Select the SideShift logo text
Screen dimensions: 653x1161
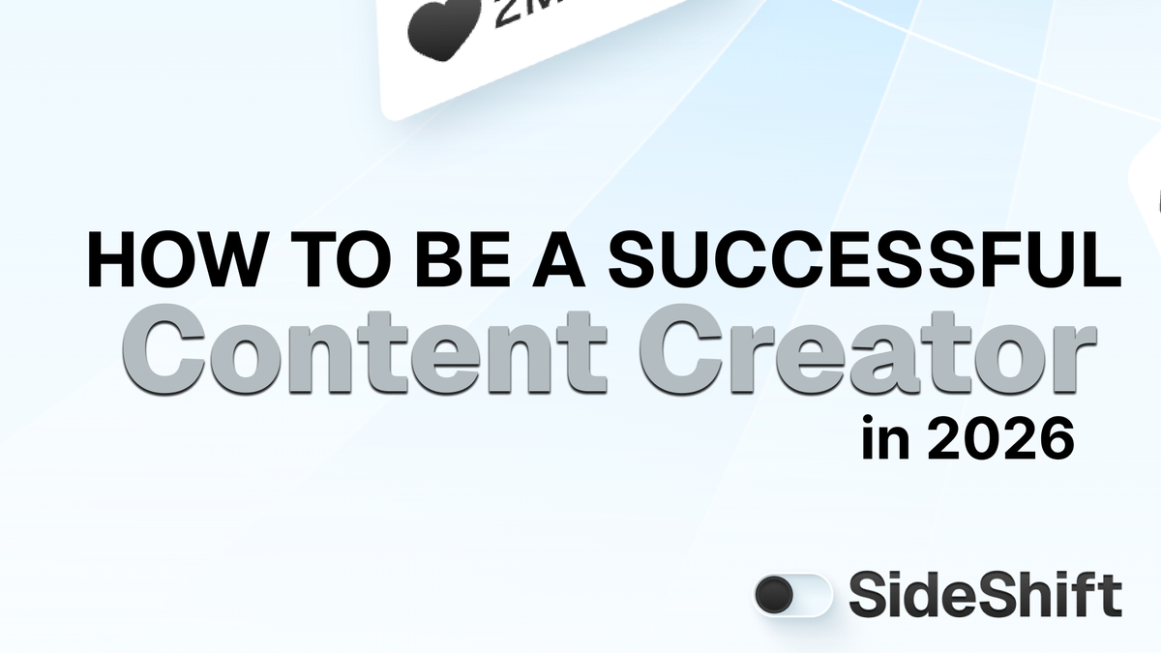click(985, 594)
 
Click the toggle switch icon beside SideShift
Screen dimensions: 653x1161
click(792, 594)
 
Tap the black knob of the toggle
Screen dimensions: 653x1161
click(776, 594)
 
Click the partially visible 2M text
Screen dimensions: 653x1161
click(527, 12)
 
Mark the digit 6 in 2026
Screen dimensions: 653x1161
click(1057, 442)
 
